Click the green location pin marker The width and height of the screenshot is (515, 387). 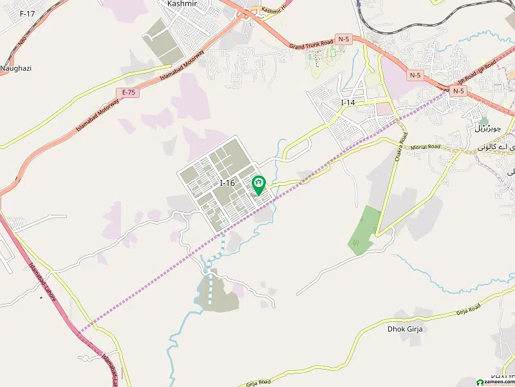click(258, 185)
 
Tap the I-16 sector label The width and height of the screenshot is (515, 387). click(227, 183)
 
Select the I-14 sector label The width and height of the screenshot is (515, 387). click(348, 103)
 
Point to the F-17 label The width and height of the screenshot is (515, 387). click(28, 13)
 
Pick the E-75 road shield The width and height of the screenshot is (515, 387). click(129, 92)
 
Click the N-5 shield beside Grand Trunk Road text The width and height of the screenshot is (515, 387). click(344, 40)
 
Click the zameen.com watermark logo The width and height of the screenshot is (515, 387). click(491, 380)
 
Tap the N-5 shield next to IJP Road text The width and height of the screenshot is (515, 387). click(458, 91)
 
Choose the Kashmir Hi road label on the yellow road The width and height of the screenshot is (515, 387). click(276, 10)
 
